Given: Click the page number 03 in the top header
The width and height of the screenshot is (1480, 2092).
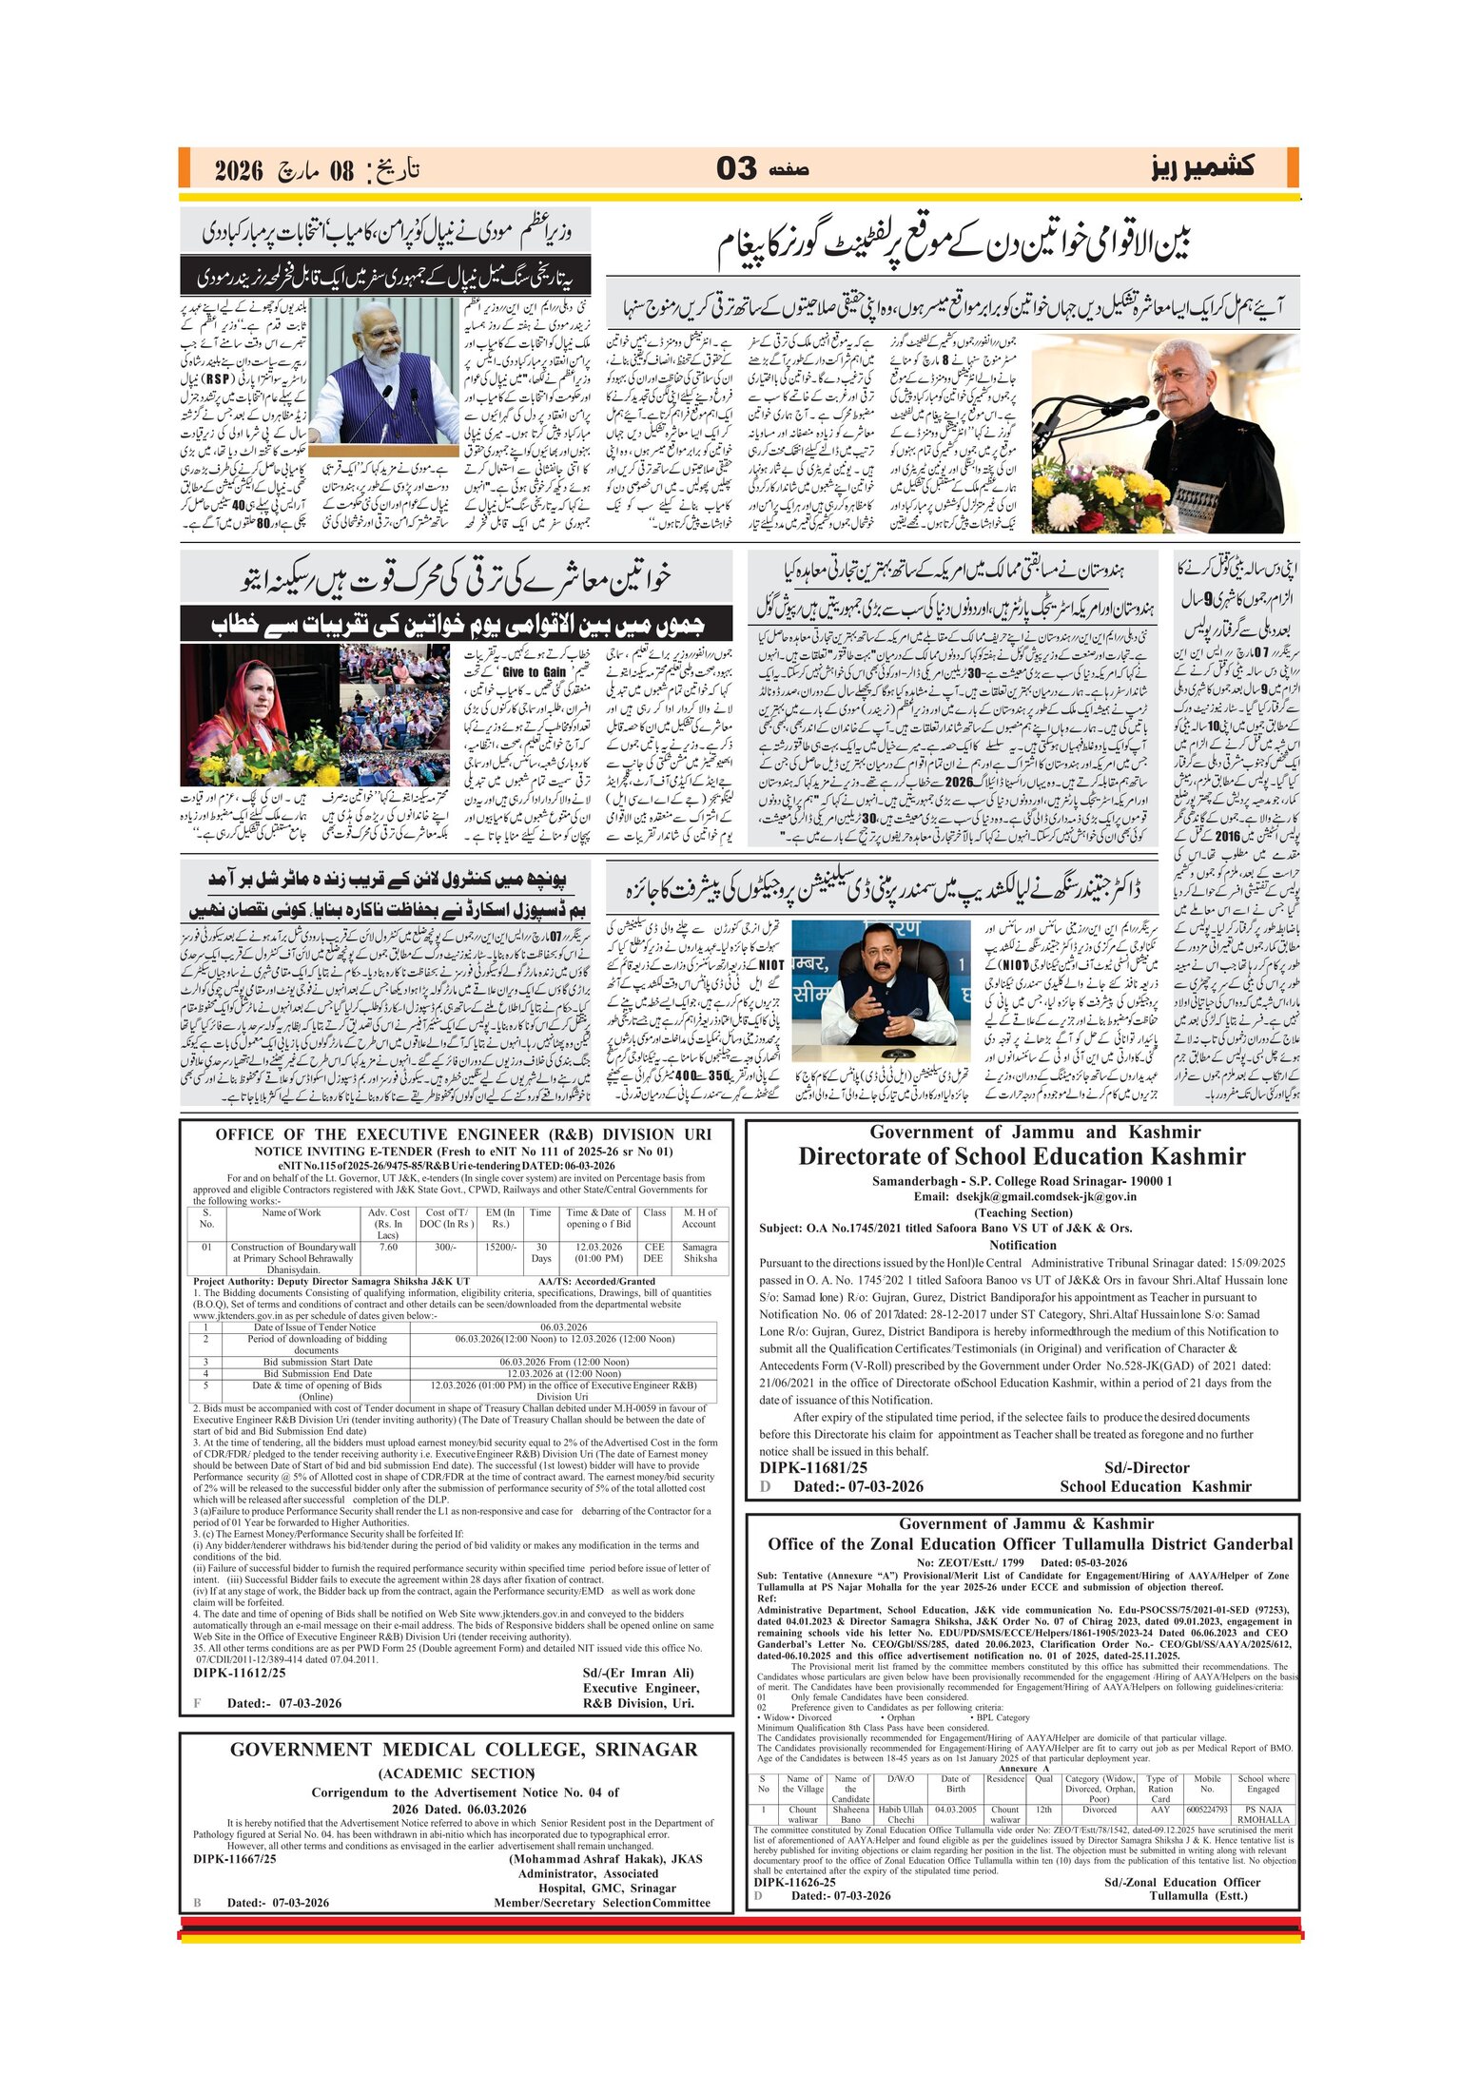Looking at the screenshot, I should pos(735,168).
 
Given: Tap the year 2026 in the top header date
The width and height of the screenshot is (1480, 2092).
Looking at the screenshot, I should pos(238,171).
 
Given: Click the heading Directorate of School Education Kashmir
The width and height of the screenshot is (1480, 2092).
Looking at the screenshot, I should pos(1022,1156).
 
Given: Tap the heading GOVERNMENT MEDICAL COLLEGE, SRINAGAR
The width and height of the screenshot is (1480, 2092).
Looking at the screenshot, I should pos(463,1750).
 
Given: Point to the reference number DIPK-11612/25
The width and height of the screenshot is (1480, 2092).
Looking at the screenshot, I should pos(239,1673).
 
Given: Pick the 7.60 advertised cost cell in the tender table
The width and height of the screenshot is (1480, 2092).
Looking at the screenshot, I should pos(388,1247).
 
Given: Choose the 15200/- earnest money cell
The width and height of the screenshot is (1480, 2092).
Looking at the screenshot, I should pos(500,1247).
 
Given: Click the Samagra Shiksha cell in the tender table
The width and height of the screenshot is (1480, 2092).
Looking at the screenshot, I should pos(699,1252).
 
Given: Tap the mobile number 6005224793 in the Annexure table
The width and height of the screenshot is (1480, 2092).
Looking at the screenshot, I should pos(1207,1810).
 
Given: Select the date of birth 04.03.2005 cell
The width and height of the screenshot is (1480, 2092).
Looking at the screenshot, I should pos(955,1810).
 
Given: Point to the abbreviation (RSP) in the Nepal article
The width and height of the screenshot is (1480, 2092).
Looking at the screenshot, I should pos(221,378).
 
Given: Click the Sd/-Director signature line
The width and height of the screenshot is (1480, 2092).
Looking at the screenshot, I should pos(1147,1467).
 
